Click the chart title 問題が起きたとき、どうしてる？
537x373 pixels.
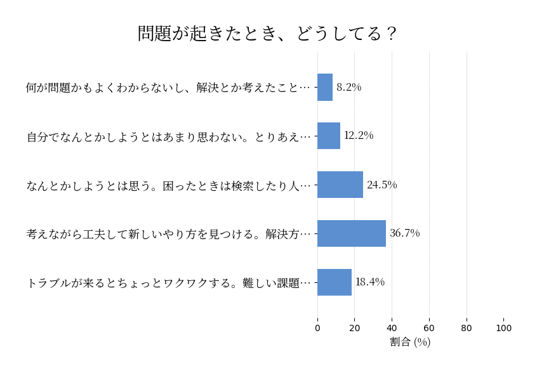point(267,33)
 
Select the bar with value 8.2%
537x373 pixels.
point(325,88)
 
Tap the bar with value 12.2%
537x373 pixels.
point(329,136)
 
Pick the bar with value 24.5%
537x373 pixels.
point(340,185)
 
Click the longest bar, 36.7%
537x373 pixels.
point(352,233)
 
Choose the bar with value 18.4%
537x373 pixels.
point(335,282)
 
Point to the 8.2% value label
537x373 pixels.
point(349,88)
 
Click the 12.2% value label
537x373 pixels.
point(359,136)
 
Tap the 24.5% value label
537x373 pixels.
point(382,185)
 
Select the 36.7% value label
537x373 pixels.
point(405,233)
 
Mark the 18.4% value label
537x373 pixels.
point(370,282)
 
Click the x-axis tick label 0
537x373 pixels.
point(317,328)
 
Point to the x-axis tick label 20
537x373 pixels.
point(355,328)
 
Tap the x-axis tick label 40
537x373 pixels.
point(392,328)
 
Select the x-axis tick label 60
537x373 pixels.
point(429,328)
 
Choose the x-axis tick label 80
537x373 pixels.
point(467,328)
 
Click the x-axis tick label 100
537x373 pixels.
point(504,328)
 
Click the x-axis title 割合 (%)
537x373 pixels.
point(410,342)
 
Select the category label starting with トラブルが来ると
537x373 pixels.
point(169,283)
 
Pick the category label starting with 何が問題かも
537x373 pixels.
point(169,88)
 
